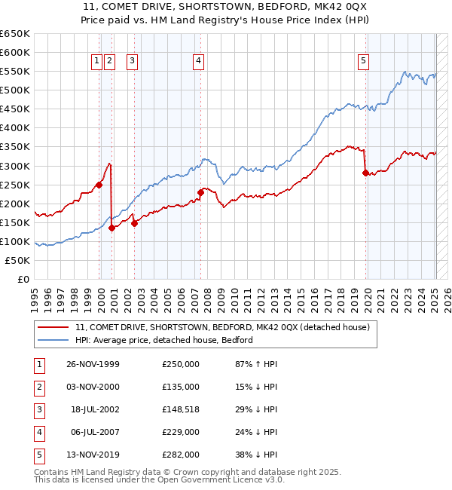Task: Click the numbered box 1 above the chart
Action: [98, 62]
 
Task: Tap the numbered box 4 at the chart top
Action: [198, 62]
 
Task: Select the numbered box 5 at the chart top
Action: [364, 62]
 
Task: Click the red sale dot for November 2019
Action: [366, 173]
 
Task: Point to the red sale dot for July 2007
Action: [201, 192]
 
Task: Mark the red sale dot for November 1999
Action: [99, 184]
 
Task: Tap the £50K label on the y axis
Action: [18, 260]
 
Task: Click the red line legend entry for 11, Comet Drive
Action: [222, 328]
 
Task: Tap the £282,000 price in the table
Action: [181, 455]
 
